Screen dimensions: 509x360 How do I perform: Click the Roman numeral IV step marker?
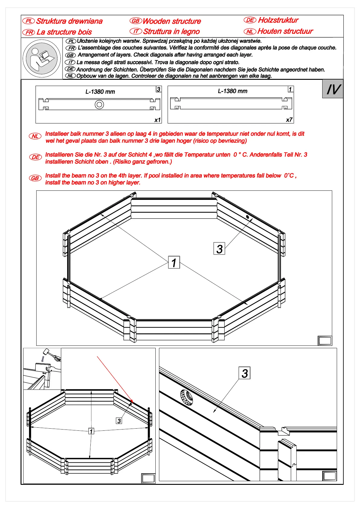point(333,89)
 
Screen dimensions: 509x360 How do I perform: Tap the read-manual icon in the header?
point(42,58)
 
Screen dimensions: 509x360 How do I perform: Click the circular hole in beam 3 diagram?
point(99,105)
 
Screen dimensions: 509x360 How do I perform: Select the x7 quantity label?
point(289,120)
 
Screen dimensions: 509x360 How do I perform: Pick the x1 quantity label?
point(157,120)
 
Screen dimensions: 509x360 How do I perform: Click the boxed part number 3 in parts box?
point(158,89)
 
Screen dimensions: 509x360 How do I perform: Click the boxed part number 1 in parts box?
point(290,89)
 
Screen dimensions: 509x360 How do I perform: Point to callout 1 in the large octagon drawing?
point(174,262)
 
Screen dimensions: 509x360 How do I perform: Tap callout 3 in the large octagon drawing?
point(219,249)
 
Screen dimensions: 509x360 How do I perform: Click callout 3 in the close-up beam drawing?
point(245,373)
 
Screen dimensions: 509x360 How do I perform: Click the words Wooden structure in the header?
point(172,21)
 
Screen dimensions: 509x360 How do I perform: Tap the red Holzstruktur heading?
point(278,20)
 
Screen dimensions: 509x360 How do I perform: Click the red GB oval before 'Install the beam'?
point(35,178)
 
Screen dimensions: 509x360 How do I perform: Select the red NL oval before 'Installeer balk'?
point(35,136)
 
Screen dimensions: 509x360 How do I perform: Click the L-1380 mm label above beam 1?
point(232,91)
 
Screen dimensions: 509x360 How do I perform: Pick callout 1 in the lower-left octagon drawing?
point(91,431)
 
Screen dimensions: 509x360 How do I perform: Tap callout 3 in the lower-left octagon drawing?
point(119,421)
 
